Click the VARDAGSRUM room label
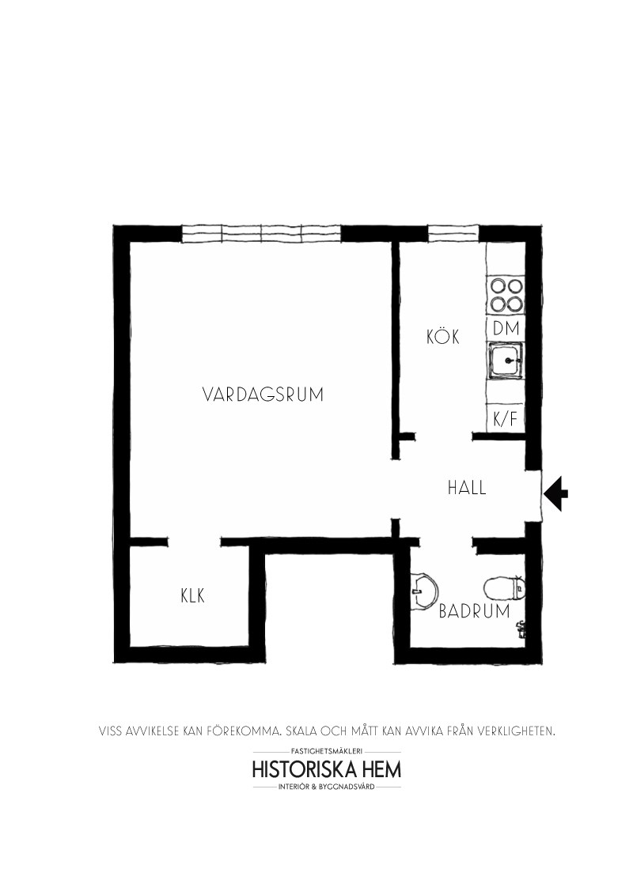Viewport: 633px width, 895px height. pyautogui.click(x=263, y=395)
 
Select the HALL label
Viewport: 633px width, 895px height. pyautogui.click(x=467, y=488)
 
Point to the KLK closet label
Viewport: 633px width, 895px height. pyautogui.click(x=192, y=596)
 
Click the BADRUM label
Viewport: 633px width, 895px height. pyautogui.click(x=474, y=611)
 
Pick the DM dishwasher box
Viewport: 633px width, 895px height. pyautogui.click(x=506, y=328)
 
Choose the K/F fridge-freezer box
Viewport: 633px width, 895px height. pyautogui.click(x=506, y=420)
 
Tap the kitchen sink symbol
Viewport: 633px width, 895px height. pyautogui.click(x=506, y=361)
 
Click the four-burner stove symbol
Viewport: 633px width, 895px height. pyautogui.click(x=506, y=294)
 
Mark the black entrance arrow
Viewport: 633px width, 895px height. pyautogui.click(x=555, y=493)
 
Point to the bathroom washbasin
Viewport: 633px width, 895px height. pyautogui.click(x=423, y=591)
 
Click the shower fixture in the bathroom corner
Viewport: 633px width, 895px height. pyautogui.click(x=521, y=629)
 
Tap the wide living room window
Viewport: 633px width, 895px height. pyautogui.click(x=262, y=234)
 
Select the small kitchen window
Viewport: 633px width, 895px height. pyautogui.click(x=453, y=233)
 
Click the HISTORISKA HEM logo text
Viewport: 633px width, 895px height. pyautogui.click(x=327, y=768)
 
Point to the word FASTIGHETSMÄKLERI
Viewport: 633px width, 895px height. pyautogui.click(x=327, y=752)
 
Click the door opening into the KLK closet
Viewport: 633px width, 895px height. pyautogui.click(x=195, y=542)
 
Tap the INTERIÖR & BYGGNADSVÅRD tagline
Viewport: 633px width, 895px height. pyautogui.click(x=327, y=787)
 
